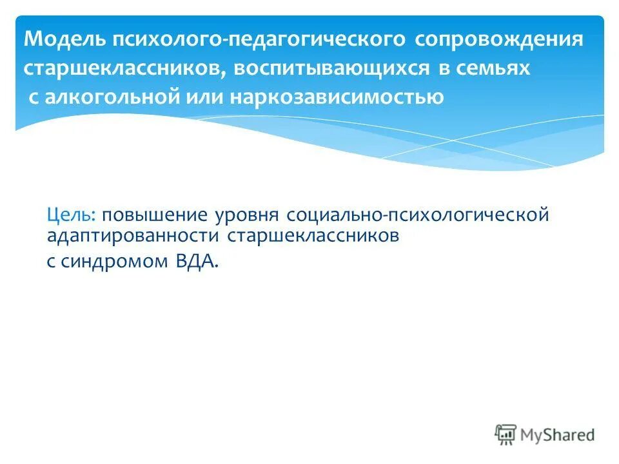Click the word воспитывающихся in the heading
coord(333,69)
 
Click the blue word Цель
coord(71,215)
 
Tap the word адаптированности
coord(133,236)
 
